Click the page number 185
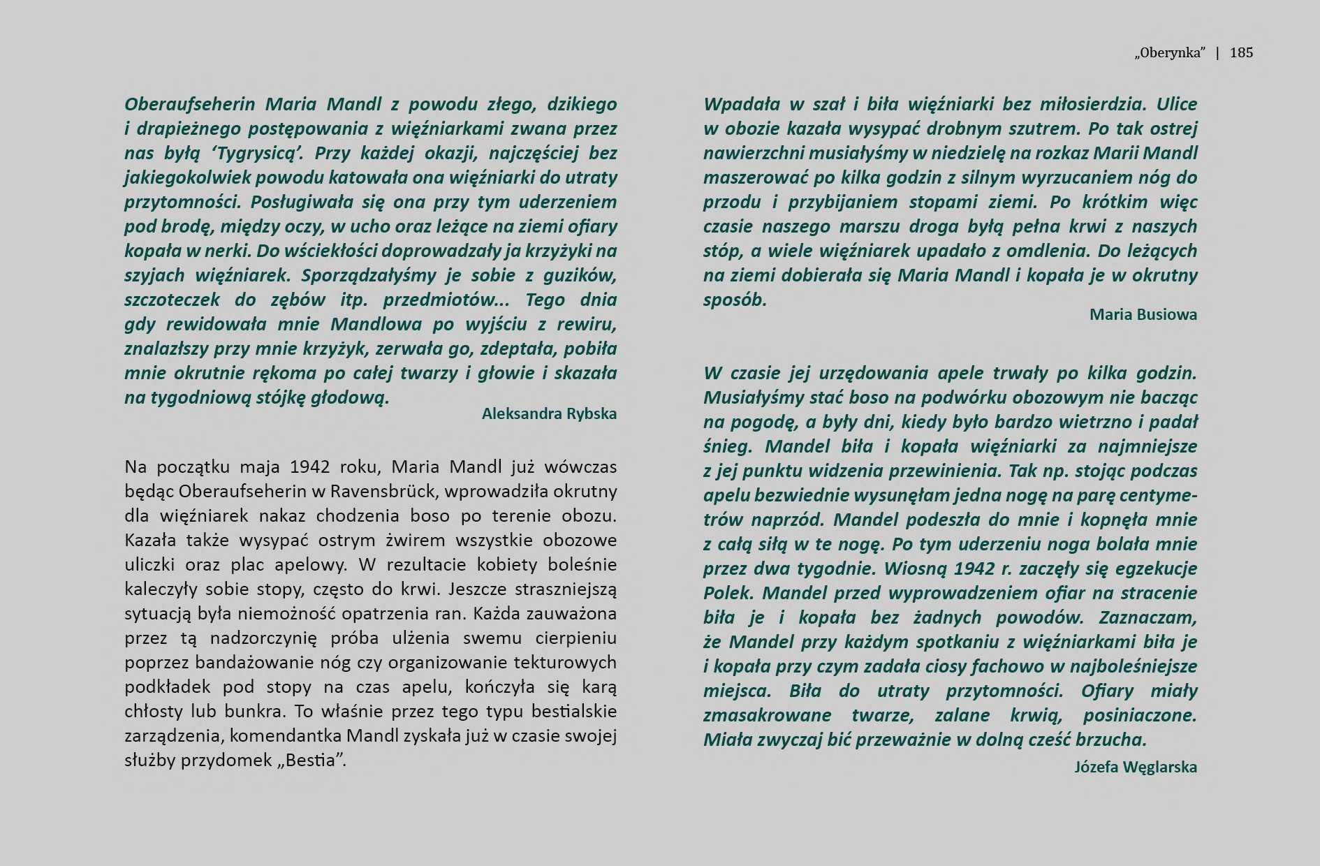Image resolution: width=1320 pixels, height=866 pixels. [1241, 52]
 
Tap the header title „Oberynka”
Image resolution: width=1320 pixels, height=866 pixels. [1170, 52]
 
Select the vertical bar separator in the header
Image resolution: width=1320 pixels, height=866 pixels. [1218, 52]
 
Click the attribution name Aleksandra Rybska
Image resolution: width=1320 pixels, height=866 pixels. [549, 413]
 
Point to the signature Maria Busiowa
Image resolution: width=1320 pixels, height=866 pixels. [1143, 314]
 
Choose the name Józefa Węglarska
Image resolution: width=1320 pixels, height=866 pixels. [1135, 767]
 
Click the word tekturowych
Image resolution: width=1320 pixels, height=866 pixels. [564, 662]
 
